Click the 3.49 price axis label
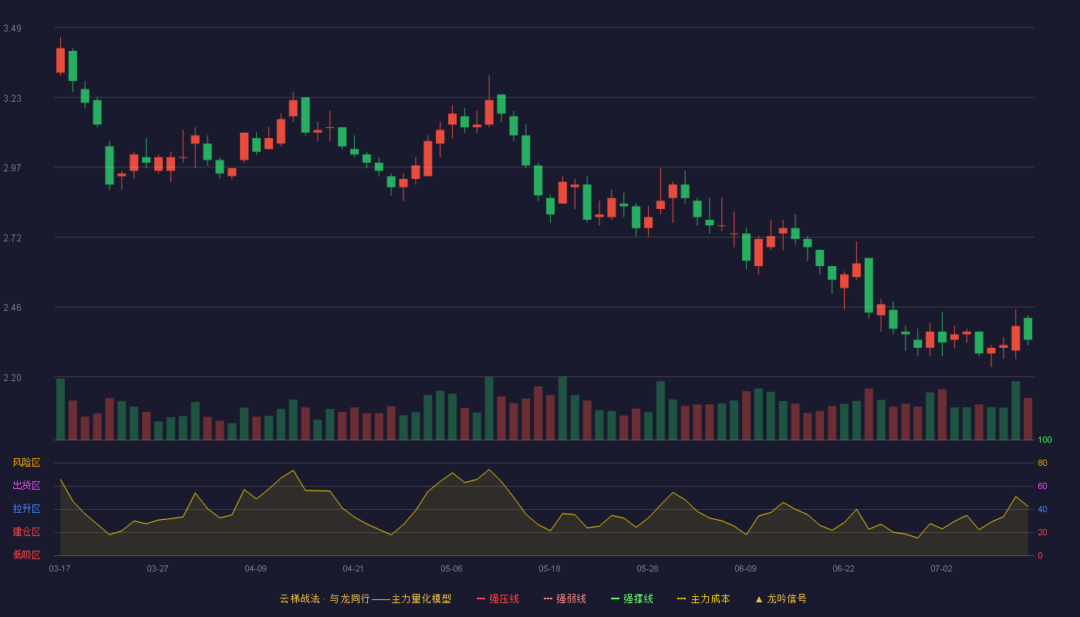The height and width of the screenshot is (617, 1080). coord(12,29)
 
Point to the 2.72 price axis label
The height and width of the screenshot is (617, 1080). coord(12,238)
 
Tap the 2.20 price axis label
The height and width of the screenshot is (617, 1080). coord(12,378)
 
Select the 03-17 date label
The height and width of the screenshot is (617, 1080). coord(60,569)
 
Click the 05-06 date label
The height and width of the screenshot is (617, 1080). coord(451,569)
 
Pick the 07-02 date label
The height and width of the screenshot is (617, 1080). coord(941,569)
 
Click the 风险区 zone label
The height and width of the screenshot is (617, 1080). coord(26,463)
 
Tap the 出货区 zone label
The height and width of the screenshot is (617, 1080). coord(26,485)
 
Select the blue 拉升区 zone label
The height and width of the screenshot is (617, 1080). coord(26,508)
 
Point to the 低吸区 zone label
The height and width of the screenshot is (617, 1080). coord(26,555)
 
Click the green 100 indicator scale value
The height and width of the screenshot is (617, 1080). coord(1045,440)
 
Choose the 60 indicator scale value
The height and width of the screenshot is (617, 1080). coord(1042,486)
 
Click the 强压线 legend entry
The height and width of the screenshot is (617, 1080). coord(498,598)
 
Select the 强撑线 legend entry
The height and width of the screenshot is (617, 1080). coord(632,598)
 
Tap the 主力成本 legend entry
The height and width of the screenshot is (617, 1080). coord(704,598)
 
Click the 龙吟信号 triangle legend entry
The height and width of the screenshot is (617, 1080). coord(781,598)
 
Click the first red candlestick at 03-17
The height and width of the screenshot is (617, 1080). coord(60,60)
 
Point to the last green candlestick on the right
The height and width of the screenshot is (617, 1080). coord(1028,329)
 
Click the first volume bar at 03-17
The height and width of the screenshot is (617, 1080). coord(60,410)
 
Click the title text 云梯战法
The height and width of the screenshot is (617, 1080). coord(300,598)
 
